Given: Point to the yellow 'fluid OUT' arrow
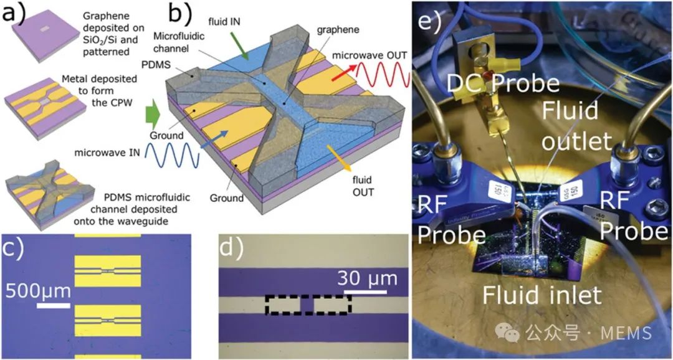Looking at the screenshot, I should [x=341, y=161].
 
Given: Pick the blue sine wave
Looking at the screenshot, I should [x=164, y=153].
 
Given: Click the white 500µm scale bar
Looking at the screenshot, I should [x=53, y=305].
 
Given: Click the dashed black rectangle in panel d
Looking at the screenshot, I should [x=308, y=305].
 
